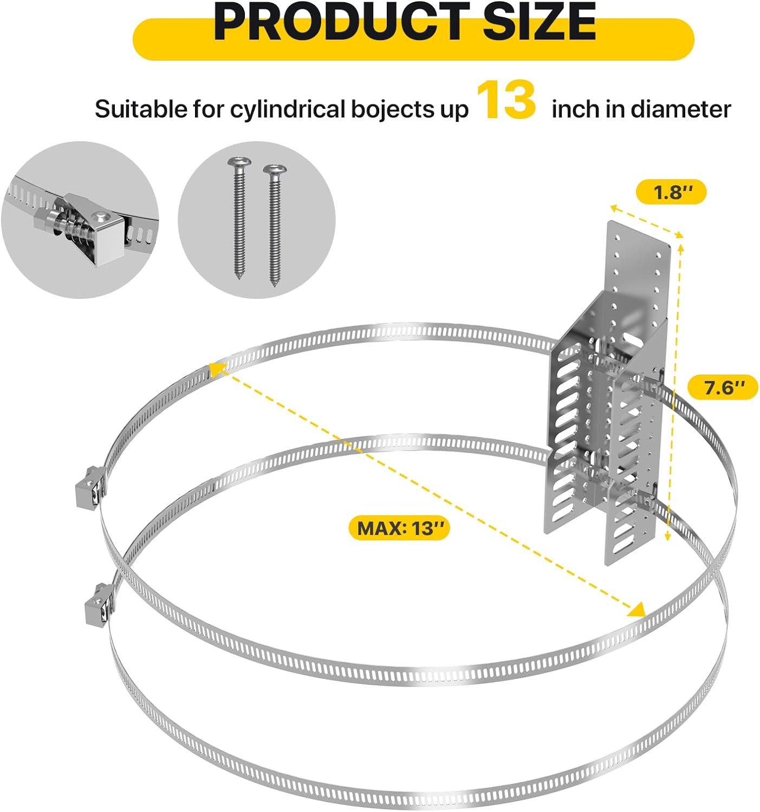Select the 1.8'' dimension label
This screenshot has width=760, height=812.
pyautogui.click(x=671, y=192)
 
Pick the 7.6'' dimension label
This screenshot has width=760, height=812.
pyautogui.click(x=722, y=387)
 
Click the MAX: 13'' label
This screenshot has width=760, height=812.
pyautogui.click(x=399, y=528)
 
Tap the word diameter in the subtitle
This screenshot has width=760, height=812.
pyautogui.click(x=681, y=109)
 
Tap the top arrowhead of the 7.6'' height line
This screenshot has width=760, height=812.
pyautogui.click(x=680, y=248)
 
